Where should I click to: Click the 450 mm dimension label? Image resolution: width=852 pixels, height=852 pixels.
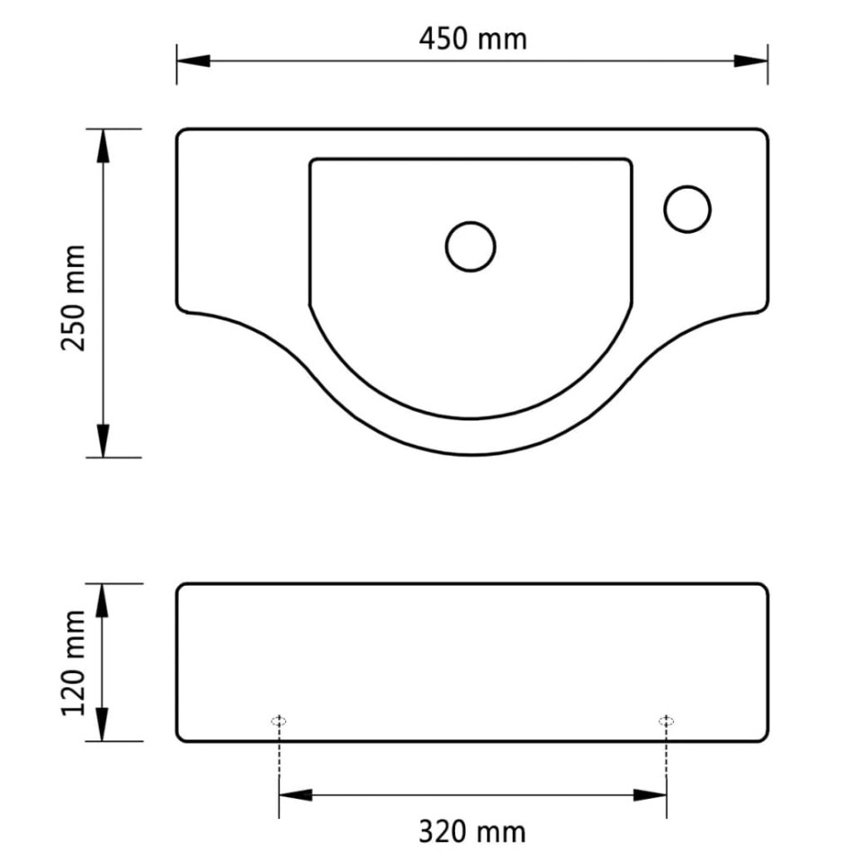tap(472, 39)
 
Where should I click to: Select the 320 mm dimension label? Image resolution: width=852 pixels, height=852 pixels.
tap(472, 830)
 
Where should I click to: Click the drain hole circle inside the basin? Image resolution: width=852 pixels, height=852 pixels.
tap(471, 246)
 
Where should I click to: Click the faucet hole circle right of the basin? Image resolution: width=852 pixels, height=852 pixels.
tap(687, 209)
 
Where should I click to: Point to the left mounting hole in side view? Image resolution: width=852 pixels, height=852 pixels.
tap(279, 721)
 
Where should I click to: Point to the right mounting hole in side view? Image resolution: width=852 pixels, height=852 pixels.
tap(666, 721)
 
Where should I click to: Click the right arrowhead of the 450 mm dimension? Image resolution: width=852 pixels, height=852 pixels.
tap(751, 61)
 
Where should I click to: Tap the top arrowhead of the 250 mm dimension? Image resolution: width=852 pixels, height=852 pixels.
tap(104, 146)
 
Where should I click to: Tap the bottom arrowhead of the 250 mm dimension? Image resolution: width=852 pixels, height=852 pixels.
tap(104, 440)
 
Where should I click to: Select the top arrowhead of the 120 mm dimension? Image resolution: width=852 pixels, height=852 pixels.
tap(104, 600)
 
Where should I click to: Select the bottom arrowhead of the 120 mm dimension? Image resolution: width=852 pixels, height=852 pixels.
tap(104, 725)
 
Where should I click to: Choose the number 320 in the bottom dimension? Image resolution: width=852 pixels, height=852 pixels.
tap(447, 830)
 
